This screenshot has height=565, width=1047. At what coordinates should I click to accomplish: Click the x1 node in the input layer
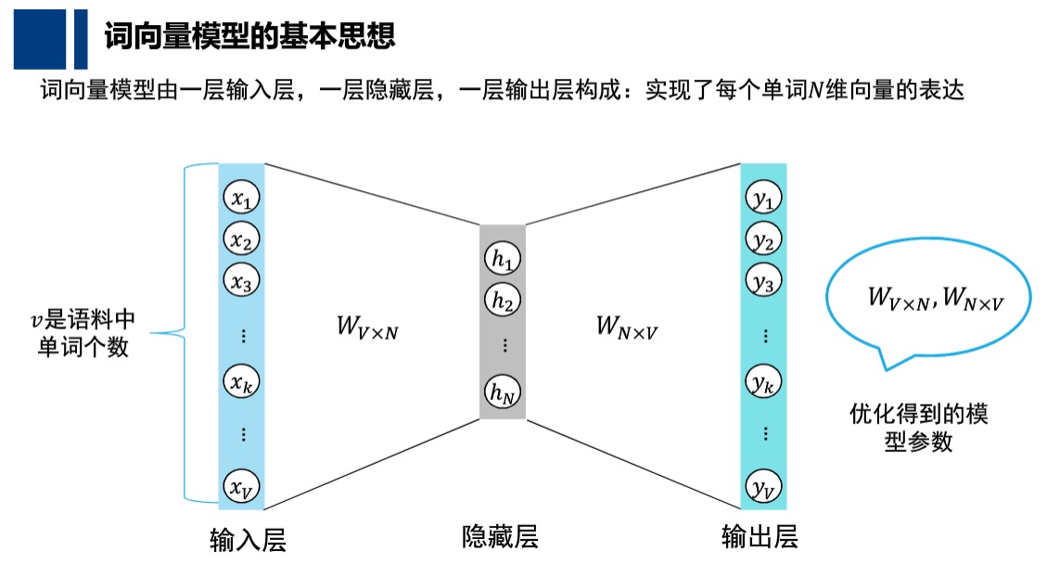(x=242, y=198)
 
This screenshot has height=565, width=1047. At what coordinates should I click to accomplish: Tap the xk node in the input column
(x=242, y=380)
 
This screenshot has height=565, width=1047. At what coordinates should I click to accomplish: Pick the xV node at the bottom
(x=242, y=485)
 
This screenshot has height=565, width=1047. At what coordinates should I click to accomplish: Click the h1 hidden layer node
(x=503, y=260)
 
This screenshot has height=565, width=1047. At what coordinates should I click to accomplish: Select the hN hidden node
(x=503, y=393)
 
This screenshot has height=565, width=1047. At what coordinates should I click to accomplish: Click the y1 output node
(x=763, y=198)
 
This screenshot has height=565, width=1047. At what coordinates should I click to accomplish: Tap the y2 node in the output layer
(x=763, y=240)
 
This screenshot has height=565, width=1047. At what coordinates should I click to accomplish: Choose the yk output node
(x=763, y=380)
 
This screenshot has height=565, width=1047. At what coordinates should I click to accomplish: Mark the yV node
(x=763, y=485)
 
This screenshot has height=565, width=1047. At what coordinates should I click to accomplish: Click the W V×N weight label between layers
(x=367, y=327)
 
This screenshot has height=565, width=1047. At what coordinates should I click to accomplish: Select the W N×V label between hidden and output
(x=628, y=327)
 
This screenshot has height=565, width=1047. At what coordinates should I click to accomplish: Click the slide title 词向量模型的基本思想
(x=249, y=36)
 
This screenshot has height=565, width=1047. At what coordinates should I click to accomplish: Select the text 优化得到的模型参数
(x=918, y=427)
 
